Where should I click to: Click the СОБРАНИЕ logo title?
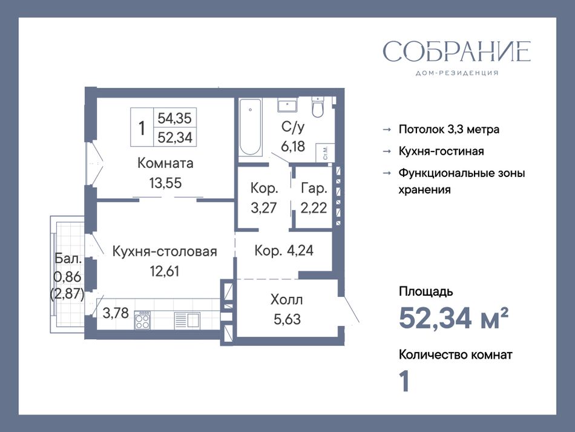(456, 51)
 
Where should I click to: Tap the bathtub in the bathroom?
(251, 127)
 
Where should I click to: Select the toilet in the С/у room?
(318, 107)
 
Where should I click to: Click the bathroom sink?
(287, 105)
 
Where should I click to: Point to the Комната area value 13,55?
(165, 183)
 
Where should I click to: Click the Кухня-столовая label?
(165, 251)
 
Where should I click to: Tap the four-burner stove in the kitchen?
(142, 320)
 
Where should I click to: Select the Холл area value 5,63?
(287, 319)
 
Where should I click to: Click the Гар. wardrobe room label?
(314, 188)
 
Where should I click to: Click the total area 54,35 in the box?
(174, 118)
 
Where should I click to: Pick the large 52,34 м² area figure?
(453, 318)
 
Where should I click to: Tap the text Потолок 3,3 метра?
(449, 129)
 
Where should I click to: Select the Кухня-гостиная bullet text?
(441, 151)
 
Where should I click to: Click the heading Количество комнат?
(455, 354)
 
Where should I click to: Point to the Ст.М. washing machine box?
(326, 152)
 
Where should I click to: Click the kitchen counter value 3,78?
(116, 313)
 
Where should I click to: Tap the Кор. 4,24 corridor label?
(284, 250)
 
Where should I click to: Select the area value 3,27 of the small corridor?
(263, 208)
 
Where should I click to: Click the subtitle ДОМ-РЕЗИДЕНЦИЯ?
(457, 73)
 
